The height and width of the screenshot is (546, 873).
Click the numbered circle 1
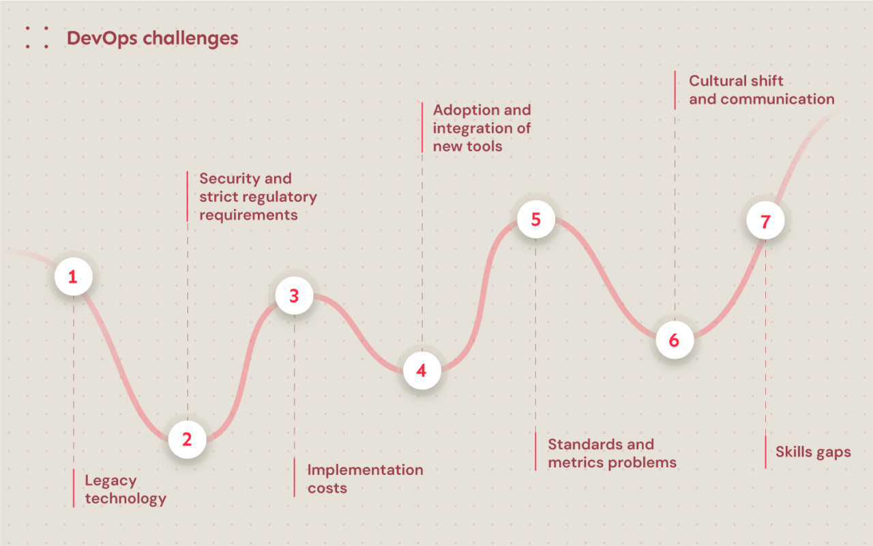[x=73, y=276]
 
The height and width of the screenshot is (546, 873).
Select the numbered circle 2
[x=187, y=440]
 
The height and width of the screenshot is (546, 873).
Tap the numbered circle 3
[x=294, y=296]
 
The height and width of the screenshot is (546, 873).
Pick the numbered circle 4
[x=421, y=371]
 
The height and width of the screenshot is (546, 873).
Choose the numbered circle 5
[x=535, y=219]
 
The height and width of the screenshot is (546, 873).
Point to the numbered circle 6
[x=674, y=340]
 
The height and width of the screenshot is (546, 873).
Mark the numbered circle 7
[x=765, y=221]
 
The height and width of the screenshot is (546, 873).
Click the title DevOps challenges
[x=152, y=38]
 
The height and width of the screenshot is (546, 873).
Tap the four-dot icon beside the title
[x=37, y=38]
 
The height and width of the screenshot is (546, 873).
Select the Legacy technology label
[x=125, y=489]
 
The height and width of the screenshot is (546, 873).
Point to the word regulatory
[x=280, y=197]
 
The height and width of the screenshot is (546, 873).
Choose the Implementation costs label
[x=365, y=478]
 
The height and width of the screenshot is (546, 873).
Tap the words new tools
[x=467, y=146]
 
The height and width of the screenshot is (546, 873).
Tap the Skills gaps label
[x=813, y=452]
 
